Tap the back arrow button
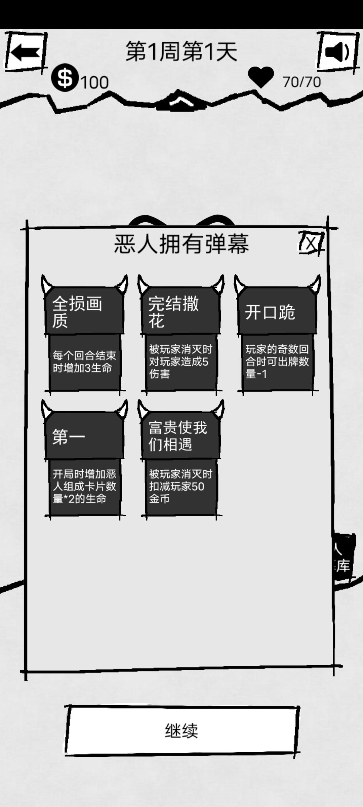[25, 52]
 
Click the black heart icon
[261, 77]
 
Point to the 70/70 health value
[301, 82]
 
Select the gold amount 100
[95, 82]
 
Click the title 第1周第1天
[182, 51]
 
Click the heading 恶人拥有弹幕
[182, 244]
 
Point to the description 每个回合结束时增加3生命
[84, 362]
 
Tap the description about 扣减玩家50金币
[180, 486]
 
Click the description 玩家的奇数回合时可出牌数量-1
[277, 362]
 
